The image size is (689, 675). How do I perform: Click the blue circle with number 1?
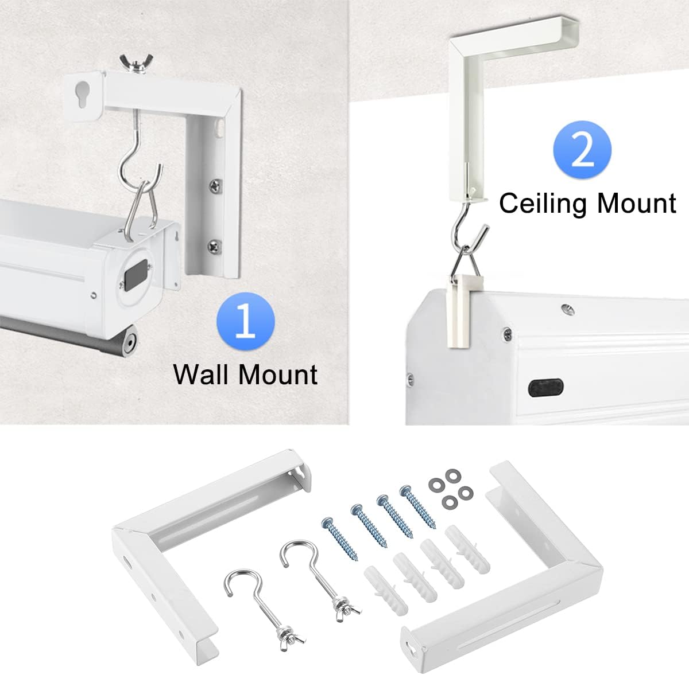pyautogui.click(x=246, y=322)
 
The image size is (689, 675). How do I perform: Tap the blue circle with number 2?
pyautogui.click(x=582, y=150)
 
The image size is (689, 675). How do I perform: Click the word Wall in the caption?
pyautogui.click(x=202, y=374)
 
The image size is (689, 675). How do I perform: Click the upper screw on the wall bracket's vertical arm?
pyautogui.click(x=215, y=186)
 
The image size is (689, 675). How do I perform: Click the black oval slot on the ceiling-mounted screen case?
pyautogui.click(x=546, y=388)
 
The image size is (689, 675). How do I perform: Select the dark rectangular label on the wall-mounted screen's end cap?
pyautogui.click(x=137, y=274)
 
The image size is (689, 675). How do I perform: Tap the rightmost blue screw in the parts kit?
pyautogui.click(x=417, y=506)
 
